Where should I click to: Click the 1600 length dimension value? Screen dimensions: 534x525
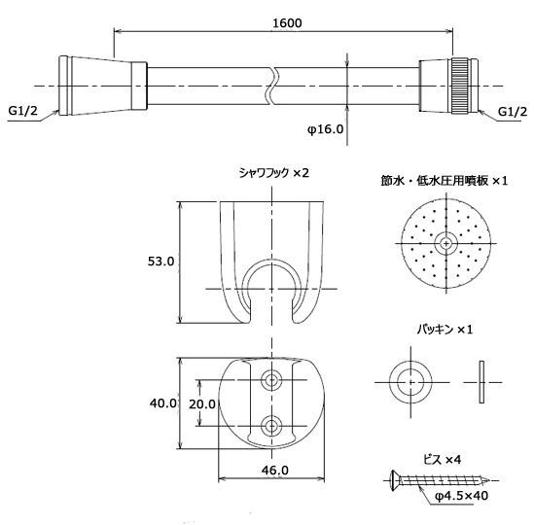point(287,22)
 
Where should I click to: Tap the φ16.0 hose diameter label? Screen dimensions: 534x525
point(325,129)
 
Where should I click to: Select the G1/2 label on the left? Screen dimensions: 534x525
point(22,111)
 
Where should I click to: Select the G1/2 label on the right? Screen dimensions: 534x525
point(513,112)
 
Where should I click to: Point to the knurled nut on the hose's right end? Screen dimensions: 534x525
point(460,87)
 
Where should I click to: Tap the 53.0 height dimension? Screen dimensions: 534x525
point(160,262)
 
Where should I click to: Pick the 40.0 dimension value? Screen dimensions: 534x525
point(162,403)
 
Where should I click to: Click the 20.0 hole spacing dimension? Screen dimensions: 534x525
point(202,404)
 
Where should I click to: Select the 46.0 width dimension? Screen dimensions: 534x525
point(275,471)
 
